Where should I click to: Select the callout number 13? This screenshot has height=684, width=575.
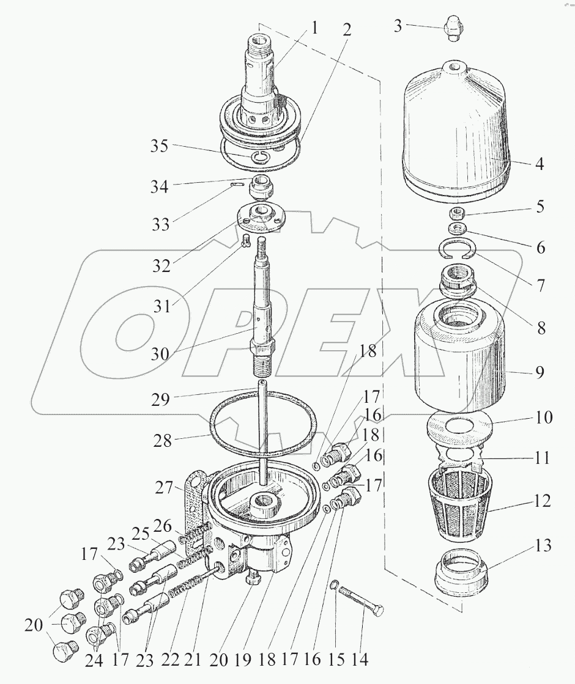(x=542, y=546)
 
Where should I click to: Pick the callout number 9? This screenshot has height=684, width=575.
(x=540, y=372)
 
